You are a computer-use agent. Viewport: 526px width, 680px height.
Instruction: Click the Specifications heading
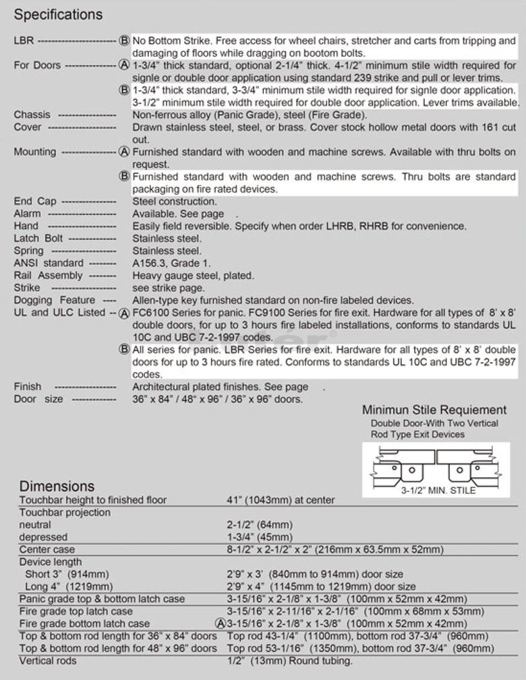click(58, 14)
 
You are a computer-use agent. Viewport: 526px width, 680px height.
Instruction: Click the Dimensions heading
click(57, 486)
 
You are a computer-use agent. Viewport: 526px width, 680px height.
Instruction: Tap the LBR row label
click(22, 41)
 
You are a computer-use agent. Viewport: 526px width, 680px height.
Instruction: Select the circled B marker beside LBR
click(124, 41)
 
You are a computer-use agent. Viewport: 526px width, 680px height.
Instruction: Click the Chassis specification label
click(32, 115)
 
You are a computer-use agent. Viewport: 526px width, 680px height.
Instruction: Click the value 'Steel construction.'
click(175, 202)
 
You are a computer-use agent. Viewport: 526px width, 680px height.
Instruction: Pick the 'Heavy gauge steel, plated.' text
click(194, 275)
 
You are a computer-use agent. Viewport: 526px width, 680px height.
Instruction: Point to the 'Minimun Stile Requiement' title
click(434, 410)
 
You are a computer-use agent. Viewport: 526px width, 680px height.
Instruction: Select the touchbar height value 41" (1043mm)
click(281, 500)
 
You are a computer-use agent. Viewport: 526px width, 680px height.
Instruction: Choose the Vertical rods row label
click(48, 660)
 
